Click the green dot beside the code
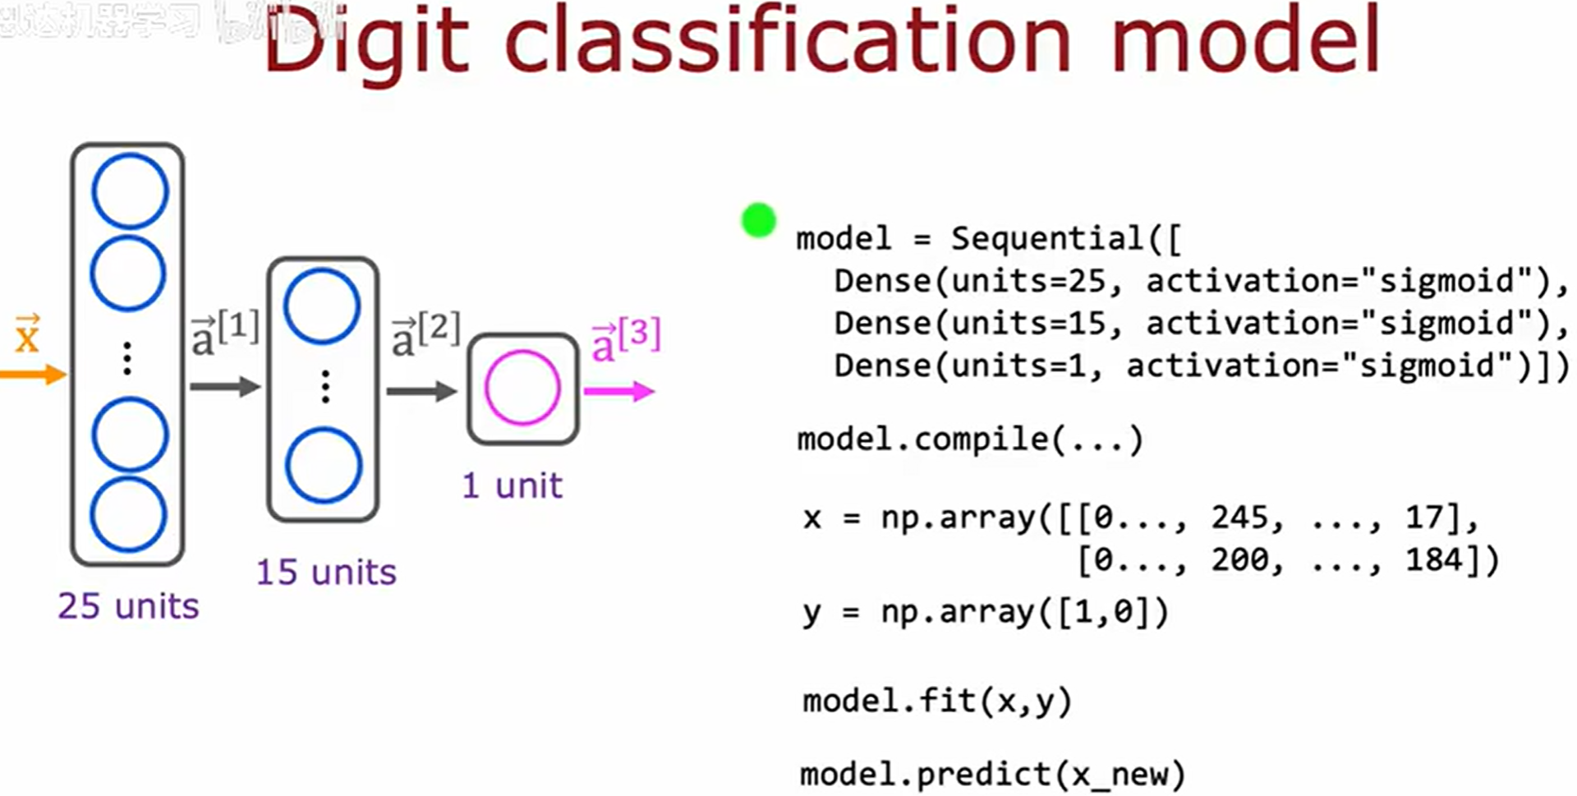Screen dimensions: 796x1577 [x=758, y=220]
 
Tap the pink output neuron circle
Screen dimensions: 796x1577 [x=522, y=388]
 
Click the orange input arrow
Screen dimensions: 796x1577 [x=33, y=375]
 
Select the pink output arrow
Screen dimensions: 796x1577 [x=619, y=392]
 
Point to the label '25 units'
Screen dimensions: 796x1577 [x=128, y=606]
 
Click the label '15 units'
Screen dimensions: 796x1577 [x=326, y=572]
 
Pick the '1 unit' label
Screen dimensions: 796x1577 [x=512, y=485]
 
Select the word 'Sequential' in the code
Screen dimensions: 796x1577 [x=1047, y=238]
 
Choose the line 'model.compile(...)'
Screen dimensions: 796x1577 [x=970, y=439]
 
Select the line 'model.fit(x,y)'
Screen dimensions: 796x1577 [x=937, y=702]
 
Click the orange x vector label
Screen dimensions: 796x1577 [x=27, y=334]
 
